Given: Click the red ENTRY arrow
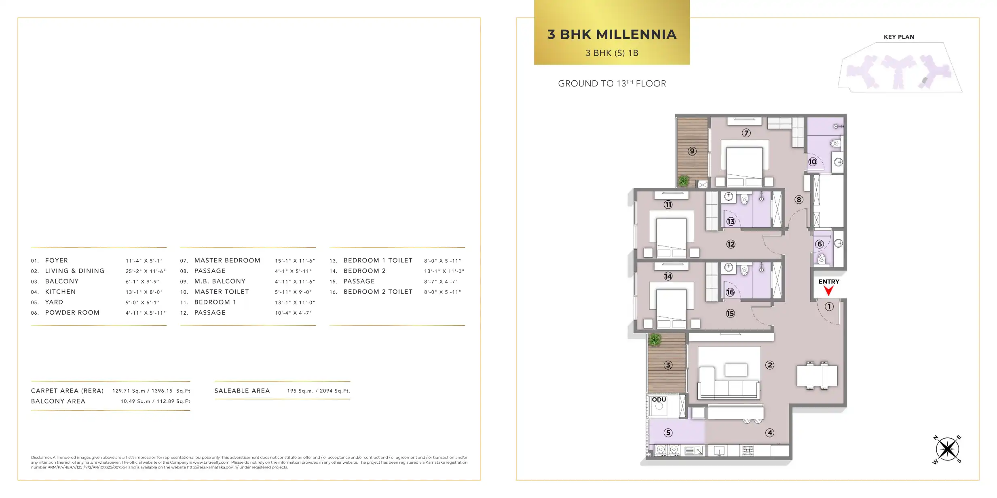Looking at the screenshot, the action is pos(828,290).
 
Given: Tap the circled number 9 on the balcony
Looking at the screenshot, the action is pos(692,151).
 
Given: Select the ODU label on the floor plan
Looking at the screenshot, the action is pos(659,399).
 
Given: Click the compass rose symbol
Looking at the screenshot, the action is pos(947,449).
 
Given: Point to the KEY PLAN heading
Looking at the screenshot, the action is pos(899,37).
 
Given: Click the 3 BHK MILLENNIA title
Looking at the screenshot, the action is pos(612,34).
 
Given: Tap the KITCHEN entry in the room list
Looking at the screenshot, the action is pos(60,292).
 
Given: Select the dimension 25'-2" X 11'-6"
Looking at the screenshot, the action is pos(146,271).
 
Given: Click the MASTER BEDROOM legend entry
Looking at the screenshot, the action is pos(227,261).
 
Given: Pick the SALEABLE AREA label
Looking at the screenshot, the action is pos(242,391).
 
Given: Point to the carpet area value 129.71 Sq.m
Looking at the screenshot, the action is pos(129,391).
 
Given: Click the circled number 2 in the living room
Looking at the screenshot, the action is pos(770,365).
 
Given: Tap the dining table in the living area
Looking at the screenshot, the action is pos(817,376).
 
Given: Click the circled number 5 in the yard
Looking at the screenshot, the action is pos(668,433).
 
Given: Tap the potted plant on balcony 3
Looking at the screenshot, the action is pos(655,340).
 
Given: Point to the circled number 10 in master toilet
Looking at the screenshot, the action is pos(813,162).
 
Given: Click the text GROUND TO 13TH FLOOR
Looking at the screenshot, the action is pos(612,84).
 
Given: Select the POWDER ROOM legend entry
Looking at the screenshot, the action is pos(72,313).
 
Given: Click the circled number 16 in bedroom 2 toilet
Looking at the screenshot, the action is pos(730,292).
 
